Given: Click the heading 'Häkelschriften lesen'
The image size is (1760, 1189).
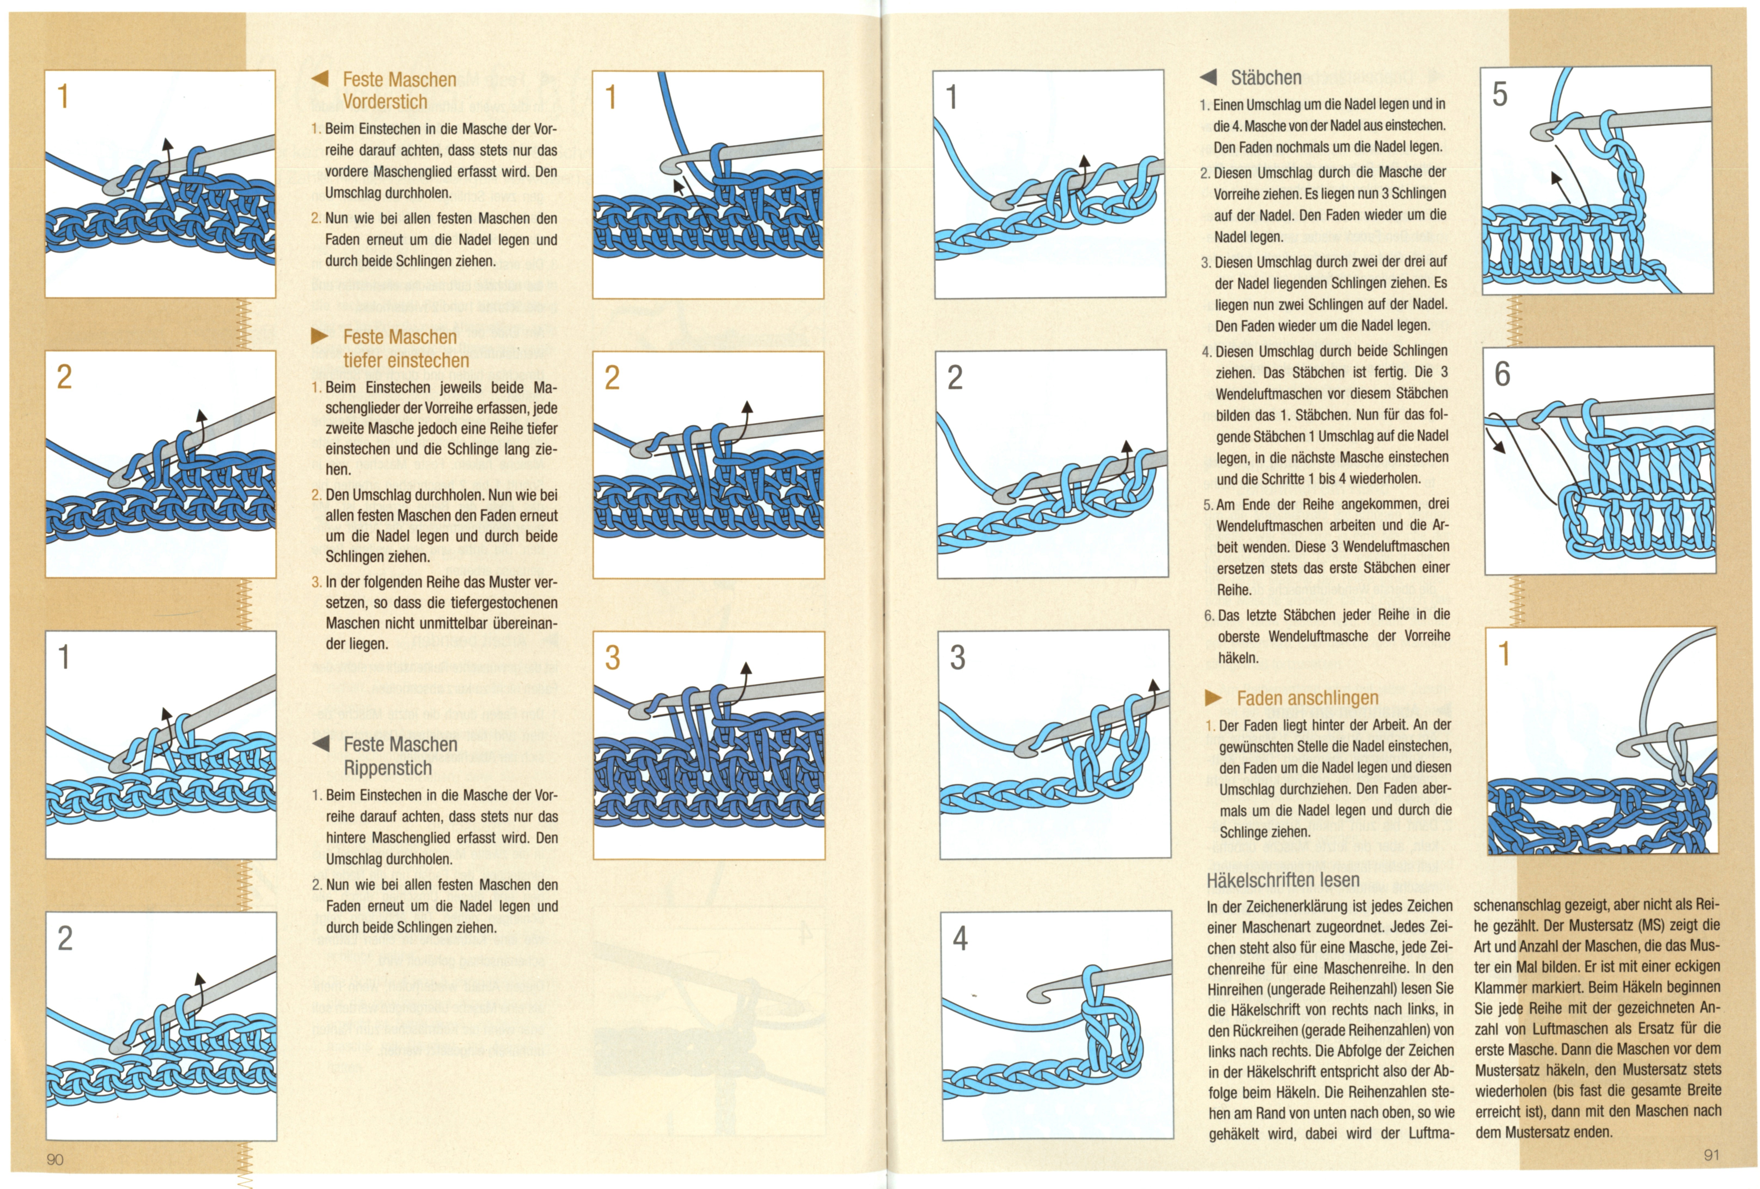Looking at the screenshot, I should pos(1283,880).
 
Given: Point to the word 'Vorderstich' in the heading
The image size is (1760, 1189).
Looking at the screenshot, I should pos(385,102).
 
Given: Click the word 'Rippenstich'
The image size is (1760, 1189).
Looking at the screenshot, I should pos(388,768).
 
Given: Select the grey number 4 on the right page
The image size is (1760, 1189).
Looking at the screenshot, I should pos(960,939).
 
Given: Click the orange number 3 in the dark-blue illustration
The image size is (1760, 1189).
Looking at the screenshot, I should pos(613,657).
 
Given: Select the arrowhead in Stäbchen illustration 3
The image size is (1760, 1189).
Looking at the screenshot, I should pos(1154,685).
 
